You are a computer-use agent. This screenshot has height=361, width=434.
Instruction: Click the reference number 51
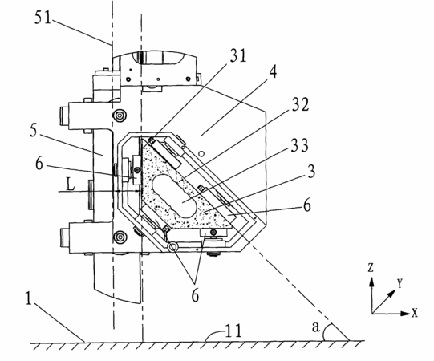pyautogui.click(x=43, y=18)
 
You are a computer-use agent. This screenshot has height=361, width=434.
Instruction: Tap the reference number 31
pyautogui.click(x=237, y=55)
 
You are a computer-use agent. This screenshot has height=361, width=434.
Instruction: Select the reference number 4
pyautogui.click(x=272, y=72)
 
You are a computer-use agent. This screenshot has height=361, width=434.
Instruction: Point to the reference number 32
pyautogui.click(x=299, y=104)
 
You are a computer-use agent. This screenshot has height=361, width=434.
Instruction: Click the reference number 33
pyautogui.click(x=299, y=145)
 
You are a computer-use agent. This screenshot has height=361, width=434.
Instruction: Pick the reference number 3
pyautogui.click(x=311, y=172)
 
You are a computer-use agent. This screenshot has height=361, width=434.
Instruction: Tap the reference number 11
pyautogui.click(x=234, y=331)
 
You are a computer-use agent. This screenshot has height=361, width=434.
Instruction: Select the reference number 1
pyautogui.click(x=28, y=298)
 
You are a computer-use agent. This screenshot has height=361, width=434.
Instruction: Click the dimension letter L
pyautogui.click(x=71, y=184)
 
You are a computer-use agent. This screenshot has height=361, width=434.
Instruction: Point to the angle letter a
pyautogui.click(x=315, y=327)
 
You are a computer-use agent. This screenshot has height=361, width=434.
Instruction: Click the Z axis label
pyautogui.click(x=371, y=267)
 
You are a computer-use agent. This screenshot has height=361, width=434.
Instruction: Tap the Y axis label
pyautogui.click(x=400, y=283)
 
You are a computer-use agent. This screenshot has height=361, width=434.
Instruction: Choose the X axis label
pyautogui.click(x=415, y=313)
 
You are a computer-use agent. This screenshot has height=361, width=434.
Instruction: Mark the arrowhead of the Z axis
pyautogui.click(x=371, y=282)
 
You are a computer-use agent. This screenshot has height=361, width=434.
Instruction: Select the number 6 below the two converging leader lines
pyautogui.click(x=195, y=295)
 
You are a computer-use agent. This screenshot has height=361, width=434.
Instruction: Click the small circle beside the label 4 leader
pyautogui.click(x=202, y=153)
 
